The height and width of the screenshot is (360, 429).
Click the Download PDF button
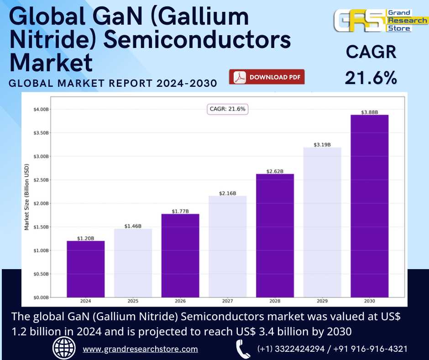tap(267, 77)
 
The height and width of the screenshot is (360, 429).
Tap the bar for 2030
tap(369, 206)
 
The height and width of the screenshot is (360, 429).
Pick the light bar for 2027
tap(228, 247)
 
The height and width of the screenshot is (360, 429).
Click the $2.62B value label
tap(275, 171)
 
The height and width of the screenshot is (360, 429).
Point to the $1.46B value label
tap(133, 226)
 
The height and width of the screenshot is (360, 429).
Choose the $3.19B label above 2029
tap(322, 145)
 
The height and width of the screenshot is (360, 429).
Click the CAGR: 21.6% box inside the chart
tap(227, 109)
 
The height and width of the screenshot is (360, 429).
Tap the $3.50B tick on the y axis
tap(41, 133)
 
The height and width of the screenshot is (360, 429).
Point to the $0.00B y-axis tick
tap(41, 297)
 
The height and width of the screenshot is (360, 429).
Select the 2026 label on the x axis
tap(180, 302)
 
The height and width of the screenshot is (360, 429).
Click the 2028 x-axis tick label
tap(275, 302)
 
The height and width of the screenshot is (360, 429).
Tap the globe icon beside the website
tap(64, 349)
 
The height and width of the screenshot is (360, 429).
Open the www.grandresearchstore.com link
tap(140, 349)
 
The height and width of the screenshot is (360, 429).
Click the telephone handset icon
tap(242, 349)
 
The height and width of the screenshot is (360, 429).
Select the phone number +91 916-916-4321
tap(371, 349)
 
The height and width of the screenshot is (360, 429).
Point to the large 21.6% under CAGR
tap(371, 78)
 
